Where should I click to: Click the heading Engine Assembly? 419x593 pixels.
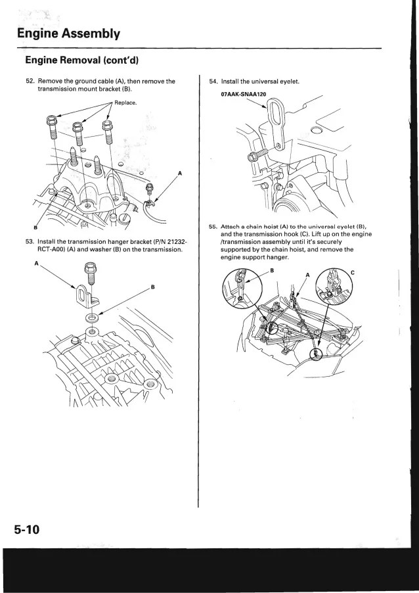pos(64,32)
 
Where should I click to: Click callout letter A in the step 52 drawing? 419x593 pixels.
pos(180,173)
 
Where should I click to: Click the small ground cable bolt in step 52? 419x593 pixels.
pos(150,189)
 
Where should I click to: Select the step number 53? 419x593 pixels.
pos(30,241)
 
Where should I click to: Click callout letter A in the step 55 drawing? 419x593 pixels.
pos(306,275)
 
